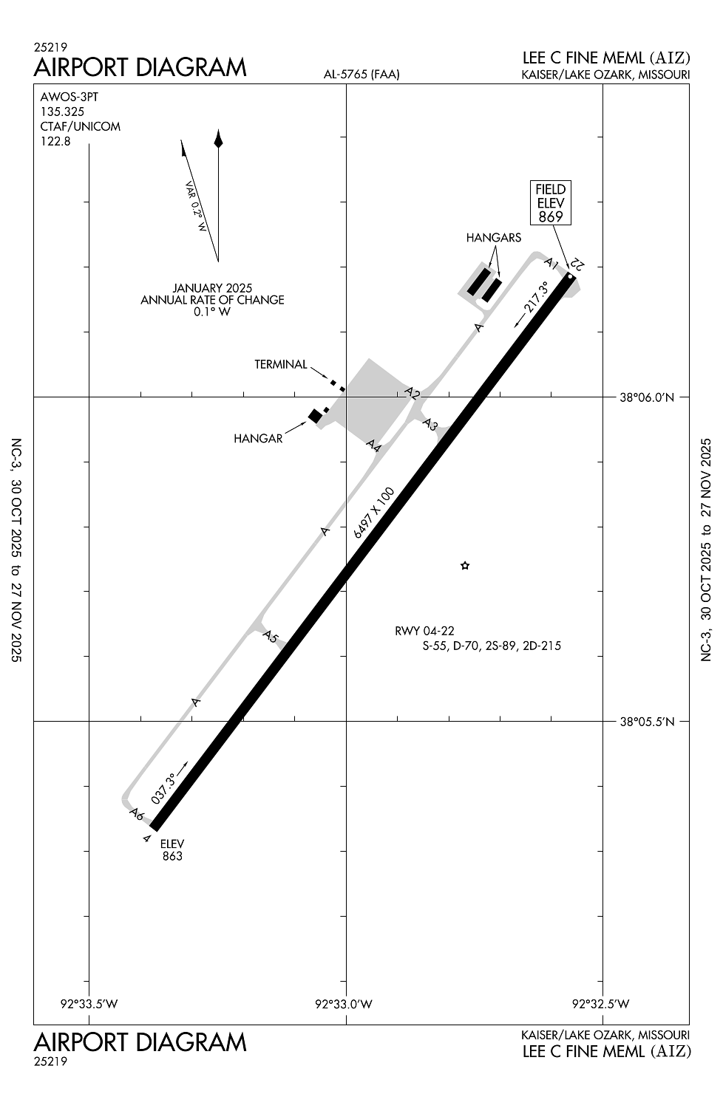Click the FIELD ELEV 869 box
(550, 203)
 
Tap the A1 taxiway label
(551, 262)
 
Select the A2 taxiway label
(413, 393)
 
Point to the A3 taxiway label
(430, 424)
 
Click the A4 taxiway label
(374, 445)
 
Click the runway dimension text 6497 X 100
(374, 513)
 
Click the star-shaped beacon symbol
(464, 565)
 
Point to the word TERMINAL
(281, 365)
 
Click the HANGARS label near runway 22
(494, 238)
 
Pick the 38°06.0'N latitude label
(648, 397)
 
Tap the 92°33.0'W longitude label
(344, 1004)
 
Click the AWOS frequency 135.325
(62, 112)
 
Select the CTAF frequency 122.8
(55, 142)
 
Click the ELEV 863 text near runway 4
(172, 849)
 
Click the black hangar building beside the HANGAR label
(315, 416)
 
